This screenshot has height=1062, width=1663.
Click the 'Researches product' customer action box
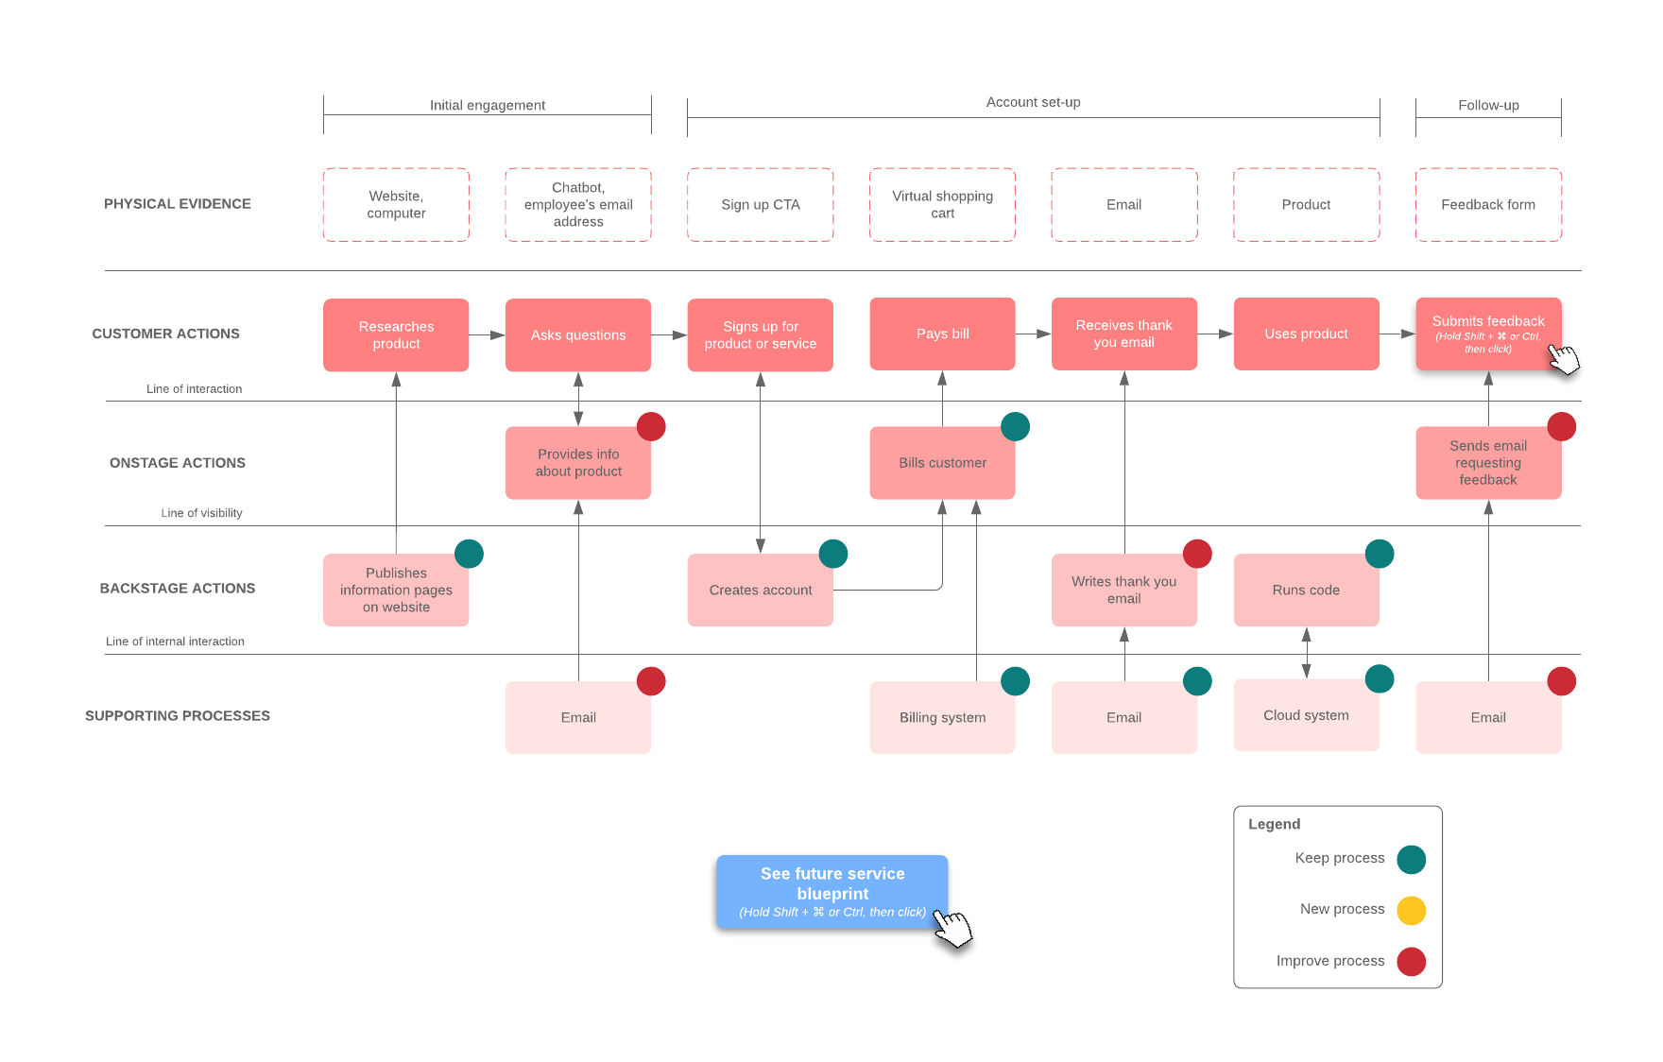(396, 334)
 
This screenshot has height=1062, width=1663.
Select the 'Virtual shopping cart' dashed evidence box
(942, 204)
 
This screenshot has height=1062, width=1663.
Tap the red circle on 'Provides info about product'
(651, 426)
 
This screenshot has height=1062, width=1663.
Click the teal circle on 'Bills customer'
(1015, 426)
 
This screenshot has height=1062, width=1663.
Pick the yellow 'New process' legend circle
(1411, 910)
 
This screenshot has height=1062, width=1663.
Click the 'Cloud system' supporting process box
(1306, 715)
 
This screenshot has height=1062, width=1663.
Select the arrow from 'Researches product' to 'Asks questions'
(487, 334)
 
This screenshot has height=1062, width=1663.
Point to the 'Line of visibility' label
(201, 513)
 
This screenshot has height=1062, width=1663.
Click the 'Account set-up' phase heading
(1033, 102)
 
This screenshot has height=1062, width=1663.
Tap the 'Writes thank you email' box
(1123, 590)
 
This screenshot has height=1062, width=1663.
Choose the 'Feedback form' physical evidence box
(1487, 204)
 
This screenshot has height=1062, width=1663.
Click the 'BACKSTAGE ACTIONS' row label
(178, 588)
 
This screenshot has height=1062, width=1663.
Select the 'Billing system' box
(942, 717)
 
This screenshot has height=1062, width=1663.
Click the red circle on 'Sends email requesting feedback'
(1561, 426)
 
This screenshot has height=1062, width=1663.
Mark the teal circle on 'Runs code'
(1379, 554)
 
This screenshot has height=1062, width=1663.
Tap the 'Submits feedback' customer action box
(1487, 334)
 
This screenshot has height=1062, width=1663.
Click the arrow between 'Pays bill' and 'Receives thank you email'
(1033, 334)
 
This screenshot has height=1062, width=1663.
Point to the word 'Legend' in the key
(1274, 824)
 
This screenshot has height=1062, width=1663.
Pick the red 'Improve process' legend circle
(1411, 961)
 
